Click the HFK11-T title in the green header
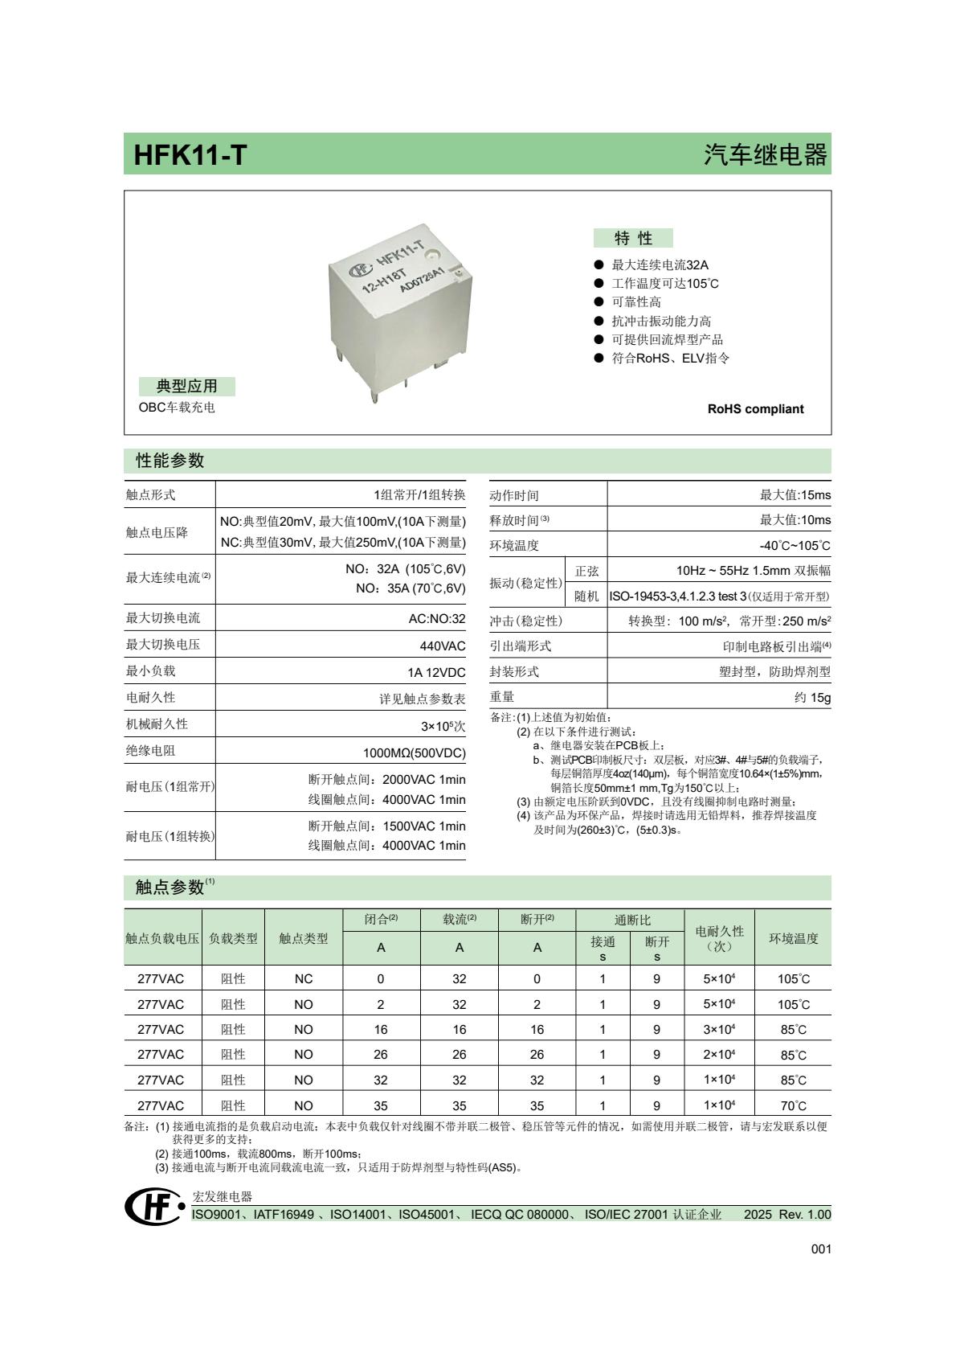190,154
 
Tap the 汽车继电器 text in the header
765,154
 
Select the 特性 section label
633,238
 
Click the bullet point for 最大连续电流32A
599,264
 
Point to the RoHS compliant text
754,408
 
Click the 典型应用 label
186,386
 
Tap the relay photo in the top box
399,310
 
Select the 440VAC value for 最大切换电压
443,645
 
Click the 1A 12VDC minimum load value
436,671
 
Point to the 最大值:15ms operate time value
795,494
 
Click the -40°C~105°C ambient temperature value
795,545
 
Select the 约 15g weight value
812,697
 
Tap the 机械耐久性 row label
157,724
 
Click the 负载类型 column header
233,937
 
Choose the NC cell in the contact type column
303,978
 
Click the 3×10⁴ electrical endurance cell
719,1029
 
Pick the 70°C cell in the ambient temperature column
793,1105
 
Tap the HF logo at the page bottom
153,1207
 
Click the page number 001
820,1248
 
